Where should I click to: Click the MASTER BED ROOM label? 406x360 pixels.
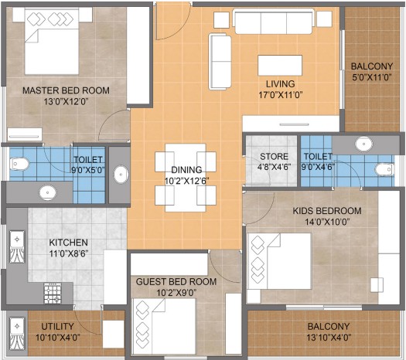[66, 90]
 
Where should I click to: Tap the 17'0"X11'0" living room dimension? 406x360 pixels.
[281, 95]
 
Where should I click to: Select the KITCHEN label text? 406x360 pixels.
[69, 243]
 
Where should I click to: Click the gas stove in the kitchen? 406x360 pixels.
[53, 293]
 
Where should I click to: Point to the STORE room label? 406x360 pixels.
[274, 157]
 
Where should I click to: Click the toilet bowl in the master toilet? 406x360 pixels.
[19, 164]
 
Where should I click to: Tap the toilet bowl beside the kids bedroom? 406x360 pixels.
[384, 170]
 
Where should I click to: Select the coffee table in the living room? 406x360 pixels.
[280, 65]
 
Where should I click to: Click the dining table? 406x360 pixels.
[186, 178]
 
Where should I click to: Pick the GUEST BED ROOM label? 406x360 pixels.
[176, 282]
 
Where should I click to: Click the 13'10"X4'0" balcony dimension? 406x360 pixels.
[329, 338]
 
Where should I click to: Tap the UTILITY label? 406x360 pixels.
[57, 326]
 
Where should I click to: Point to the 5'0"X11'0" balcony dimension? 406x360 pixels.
[371, 77]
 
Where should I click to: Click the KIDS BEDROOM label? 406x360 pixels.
[327, 211]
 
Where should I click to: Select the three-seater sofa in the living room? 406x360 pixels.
[274, 22]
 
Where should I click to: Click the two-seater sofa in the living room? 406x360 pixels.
[220, 62]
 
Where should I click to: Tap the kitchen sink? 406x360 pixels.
[17, 247]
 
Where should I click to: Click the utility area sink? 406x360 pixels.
[17, 334]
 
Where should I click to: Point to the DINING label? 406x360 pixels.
[186, 170]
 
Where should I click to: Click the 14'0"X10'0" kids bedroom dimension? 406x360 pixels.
[327, 222]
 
